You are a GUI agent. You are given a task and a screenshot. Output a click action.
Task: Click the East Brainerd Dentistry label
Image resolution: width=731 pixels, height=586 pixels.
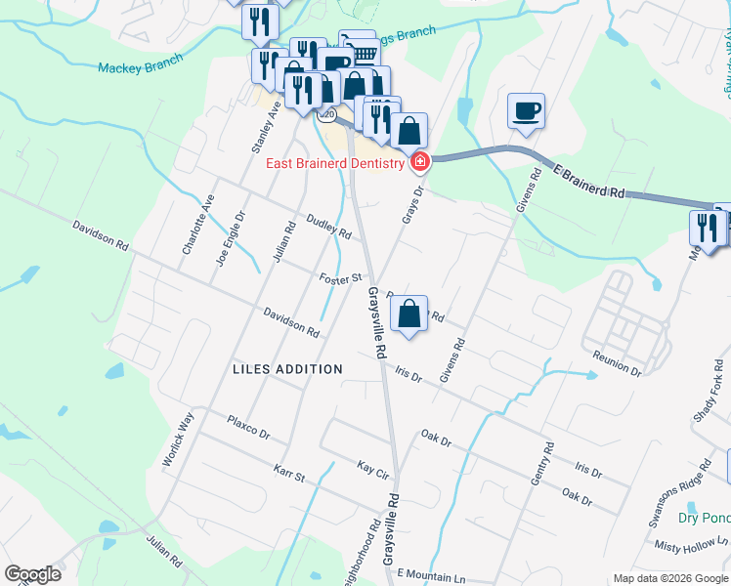[334, 163]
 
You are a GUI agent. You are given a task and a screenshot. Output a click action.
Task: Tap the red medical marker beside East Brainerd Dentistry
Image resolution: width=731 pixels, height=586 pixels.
[420, 161]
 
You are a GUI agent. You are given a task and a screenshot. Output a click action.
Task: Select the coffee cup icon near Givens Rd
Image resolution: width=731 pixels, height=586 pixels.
[527, 110]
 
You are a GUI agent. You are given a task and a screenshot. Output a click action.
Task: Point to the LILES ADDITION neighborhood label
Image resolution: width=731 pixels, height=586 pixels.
[288, 369]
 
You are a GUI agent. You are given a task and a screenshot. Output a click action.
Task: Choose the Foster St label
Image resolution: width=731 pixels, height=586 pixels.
[341, 280]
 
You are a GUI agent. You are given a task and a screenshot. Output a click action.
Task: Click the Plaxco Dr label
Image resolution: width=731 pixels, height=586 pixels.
[247, 427]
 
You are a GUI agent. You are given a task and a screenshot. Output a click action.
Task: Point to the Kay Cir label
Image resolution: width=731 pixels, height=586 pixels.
[373, 468]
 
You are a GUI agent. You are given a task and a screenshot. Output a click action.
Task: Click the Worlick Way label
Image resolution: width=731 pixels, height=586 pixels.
[180, 439]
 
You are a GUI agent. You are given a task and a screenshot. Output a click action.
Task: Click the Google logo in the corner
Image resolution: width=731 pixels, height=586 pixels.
[32, 574]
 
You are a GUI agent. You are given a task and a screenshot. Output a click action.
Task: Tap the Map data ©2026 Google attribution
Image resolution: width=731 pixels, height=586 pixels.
[669, 578]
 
